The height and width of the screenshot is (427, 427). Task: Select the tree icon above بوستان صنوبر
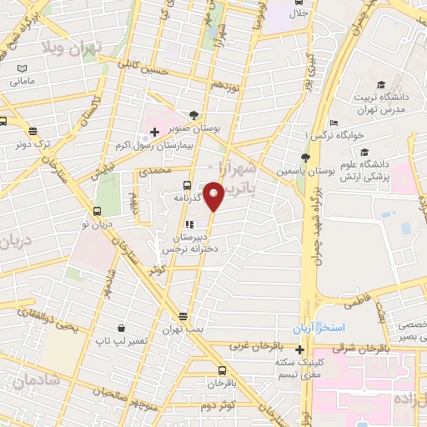click(x=194, y=115)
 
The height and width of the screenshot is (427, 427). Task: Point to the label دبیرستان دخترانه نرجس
click(x=189, y=243)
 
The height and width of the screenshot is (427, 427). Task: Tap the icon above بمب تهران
click(x=184, y=316)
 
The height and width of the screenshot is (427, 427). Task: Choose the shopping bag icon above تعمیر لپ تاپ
click(x=122, y=329)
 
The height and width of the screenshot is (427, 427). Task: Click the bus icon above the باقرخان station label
click(x=222, y=370)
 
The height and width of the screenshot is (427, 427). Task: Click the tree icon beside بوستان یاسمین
click(x=305, y=157)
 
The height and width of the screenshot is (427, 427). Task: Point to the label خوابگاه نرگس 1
click(x=333, y=135)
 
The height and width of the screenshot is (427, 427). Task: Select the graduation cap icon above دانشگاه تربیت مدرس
click(x=380, y=85)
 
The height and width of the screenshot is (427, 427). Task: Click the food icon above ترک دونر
click(x=33, y=131)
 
